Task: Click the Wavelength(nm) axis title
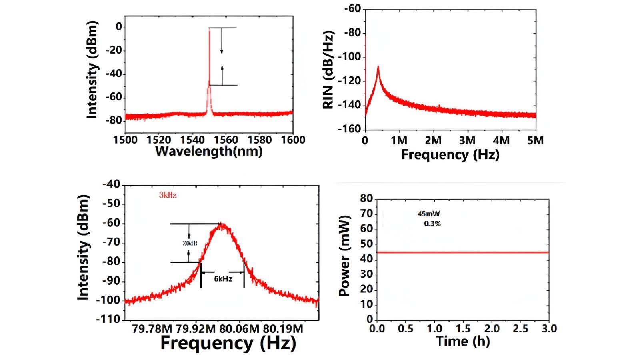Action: [x=208, y=151]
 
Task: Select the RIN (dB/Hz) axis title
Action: [x=328, y=70]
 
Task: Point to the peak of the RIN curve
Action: [x=378, y=67]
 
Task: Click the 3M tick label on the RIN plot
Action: [x=467, y=140]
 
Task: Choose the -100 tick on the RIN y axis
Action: [x=349, y=57]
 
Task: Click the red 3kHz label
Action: [x=168, y=195]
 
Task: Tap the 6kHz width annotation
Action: [x=223, y=279]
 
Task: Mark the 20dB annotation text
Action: [x=188, y=243]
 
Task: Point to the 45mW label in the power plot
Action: [x=428, y=214]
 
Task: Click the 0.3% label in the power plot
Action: [x=432, y=224]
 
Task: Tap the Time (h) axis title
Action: [x=463, y=341]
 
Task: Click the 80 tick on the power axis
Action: [x=367, y=199]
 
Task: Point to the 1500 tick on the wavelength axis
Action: [x=126, y=140]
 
